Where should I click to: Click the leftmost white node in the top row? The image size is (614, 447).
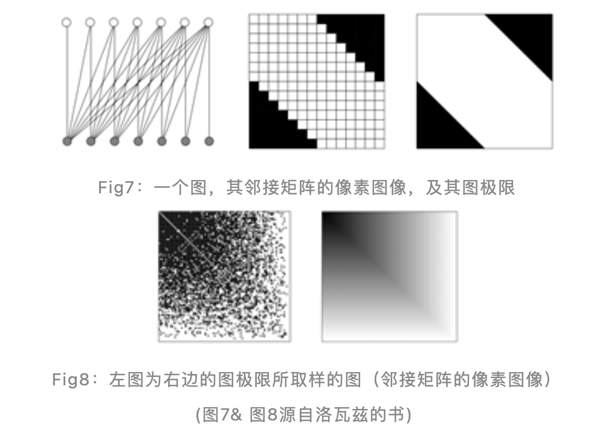click(x=66, y=22)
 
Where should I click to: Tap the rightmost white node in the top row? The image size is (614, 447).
click(x=208, y=22)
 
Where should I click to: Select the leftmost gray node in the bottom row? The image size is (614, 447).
click(x=67, y=141)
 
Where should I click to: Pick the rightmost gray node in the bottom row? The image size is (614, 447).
click(x=209, y=141)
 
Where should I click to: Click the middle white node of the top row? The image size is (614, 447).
click(x=137, y=22)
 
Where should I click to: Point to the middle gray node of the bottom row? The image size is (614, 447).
click(x=138, y=141)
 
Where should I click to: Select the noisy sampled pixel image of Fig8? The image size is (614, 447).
click(x=224, y=276)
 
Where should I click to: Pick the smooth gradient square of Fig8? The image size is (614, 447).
click(x=390, y=276)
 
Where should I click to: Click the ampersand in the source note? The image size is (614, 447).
click(x=236, y=415)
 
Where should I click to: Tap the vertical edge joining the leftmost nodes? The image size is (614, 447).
click(x=67, y=82)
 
